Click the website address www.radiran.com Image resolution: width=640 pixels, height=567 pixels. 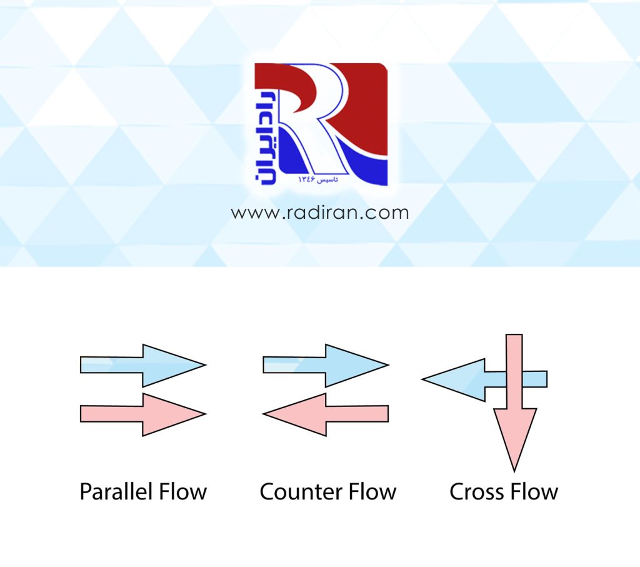[319, 213]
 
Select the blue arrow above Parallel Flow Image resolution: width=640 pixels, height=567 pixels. [143, 365]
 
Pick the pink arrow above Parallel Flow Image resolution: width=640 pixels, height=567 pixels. [143, 414]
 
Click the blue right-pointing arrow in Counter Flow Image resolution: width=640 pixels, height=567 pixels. [326, 365]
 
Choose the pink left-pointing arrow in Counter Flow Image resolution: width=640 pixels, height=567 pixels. [326, 414]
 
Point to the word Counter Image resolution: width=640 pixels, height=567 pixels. [297, 492]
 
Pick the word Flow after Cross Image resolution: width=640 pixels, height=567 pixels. [532, 492]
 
